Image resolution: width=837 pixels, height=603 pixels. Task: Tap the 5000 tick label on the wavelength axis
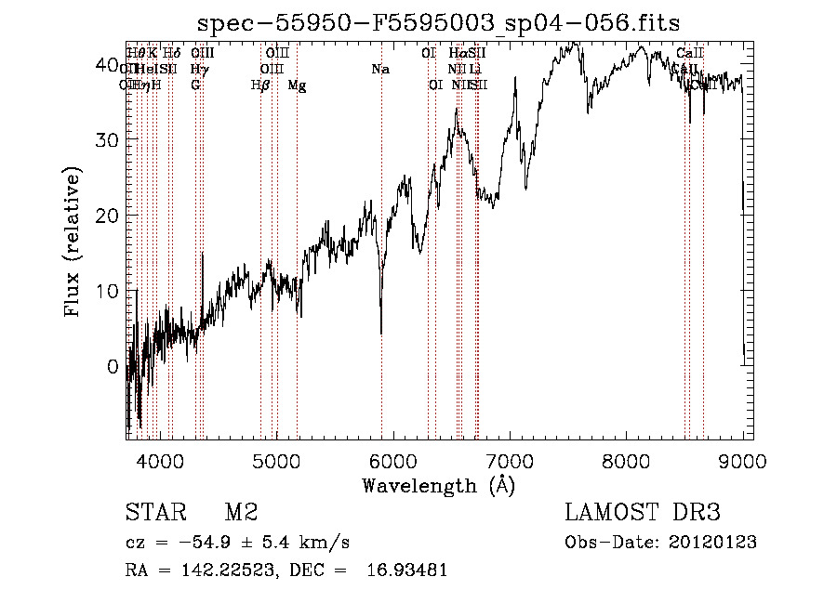click(276, 461)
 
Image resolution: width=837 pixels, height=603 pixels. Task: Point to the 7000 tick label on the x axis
click(510, 461)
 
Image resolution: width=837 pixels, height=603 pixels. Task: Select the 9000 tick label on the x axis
click(742, 461)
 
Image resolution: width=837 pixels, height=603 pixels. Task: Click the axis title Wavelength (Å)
click(438, 485)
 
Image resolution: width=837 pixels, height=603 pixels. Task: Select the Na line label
click(379, 69)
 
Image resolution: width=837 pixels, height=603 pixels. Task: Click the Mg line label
click(297, 85)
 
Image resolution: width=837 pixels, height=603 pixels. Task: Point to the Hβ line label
click(260, 85)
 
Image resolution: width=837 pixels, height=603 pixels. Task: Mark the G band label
click(195, 85)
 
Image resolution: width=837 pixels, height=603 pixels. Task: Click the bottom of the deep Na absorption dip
click(380, 332)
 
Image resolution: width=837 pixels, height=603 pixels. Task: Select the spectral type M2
click(240, 514)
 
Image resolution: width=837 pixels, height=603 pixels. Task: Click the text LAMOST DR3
click(643, 514)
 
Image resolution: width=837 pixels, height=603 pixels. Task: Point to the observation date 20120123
click(715, 543)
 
